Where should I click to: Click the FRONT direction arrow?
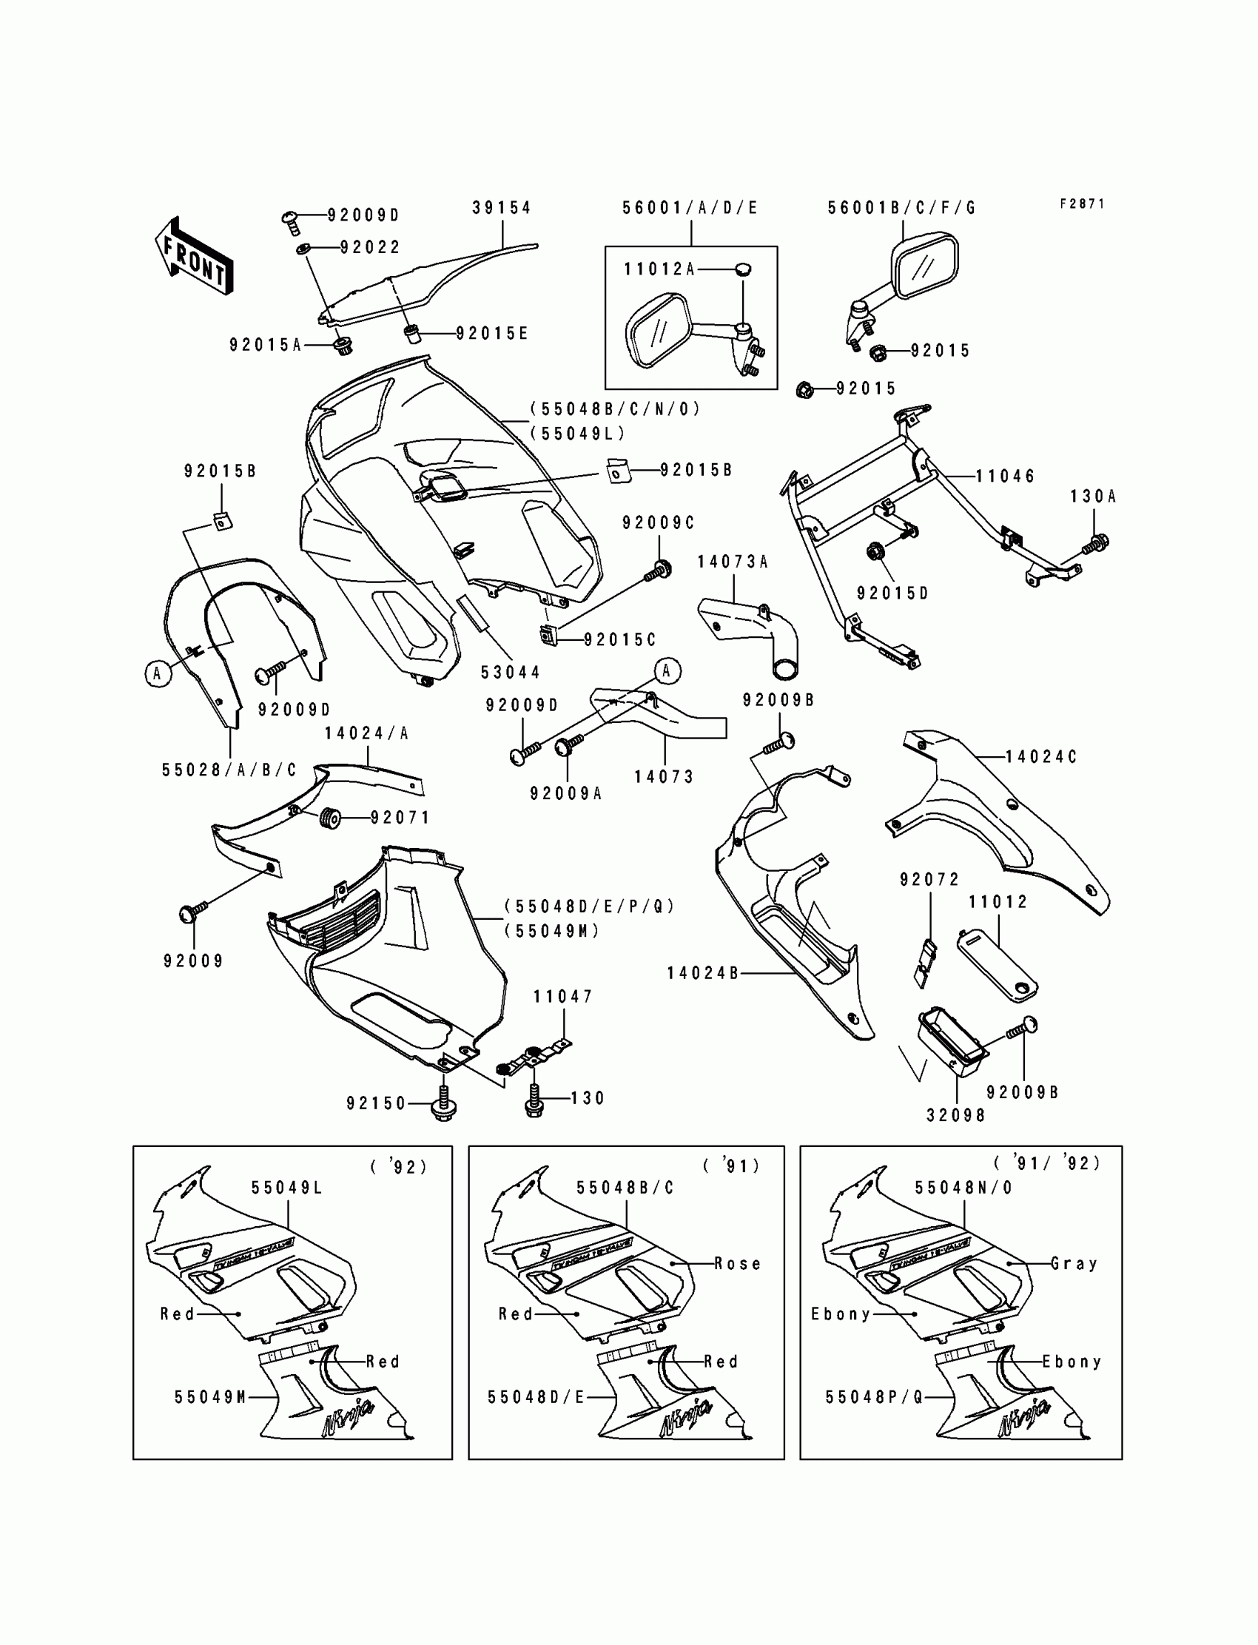click(194, 256)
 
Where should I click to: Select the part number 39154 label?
click(501, 207)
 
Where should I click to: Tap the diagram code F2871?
click(1082, 203)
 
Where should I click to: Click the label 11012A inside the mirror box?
click(659, 269)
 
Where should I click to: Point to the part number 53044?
click(510, 673)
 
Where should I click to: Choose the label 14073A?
click(733, 562)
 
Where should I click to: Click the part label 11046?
click(1005, 477)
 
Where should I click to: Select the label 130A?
click(1092, 497)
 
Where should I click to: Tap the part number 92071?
click(400, 818)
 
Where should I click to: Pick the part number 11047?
click(562, 997)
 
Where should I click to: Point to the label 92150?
click(376, 1103)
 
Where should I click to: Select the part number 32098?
click(956, 1115)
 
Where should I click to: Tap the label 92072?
click(929, 880)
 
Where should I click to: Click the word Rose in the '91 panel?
click(738, 1264)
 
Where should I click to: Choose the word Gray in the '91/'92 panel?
click(1074, 1264)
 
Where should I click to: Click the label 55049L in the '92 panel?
click(286, 1188)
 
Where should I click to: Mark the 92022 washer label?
click(370, 247)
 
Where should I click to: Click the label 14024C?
click(1040, 757)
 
